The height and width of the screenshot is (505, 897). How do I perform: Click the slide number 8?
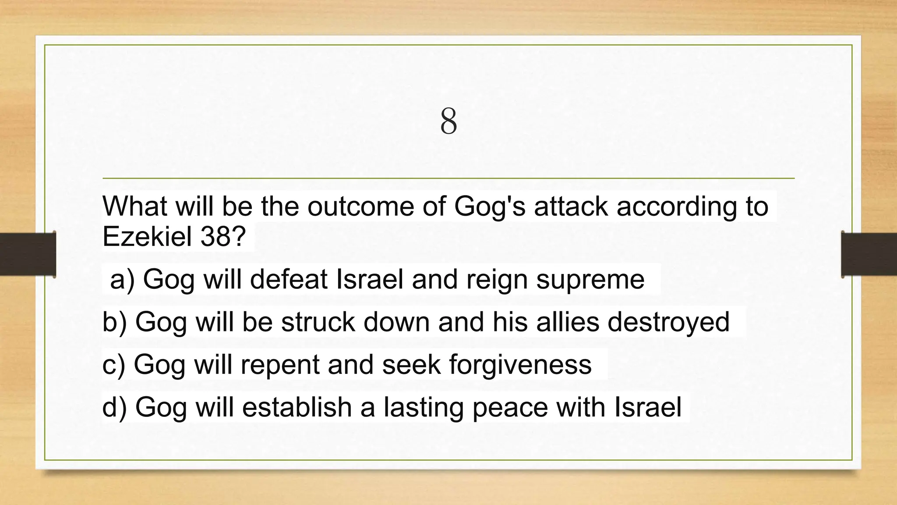click(x=448, y=121)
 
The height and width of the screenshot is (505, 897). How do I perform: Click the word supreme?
click(x=590, y=280)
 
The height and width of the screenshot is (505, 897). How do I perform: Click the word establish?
click(x=297, y=407)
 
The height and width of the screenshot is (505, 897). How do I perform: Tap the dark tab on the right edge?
click(x=869, y=254)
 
